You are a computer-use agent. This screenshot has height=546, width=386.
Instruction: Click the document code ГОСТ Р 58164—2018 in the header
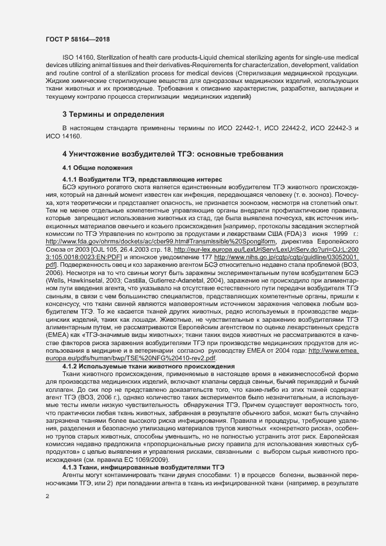click(78, 39)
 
